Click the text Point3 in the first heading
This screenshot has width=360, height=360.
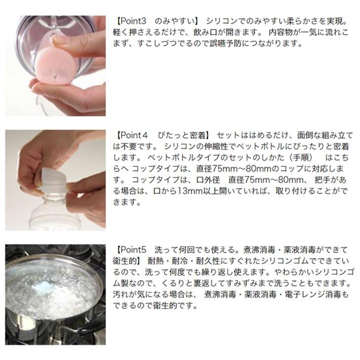click(x=133, y=21)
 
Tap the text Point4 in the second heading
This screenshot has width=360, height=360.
click(x=134, y=135)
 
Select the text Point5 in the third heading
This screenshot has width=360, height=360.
click(x=133, y=250)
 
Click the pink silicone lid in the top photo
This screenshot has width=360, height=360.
click(x=56, y=67)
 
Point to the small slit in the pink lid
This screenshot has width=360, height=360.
click(x=55, y=74)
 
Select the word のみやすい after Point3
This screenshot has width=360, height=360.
click(x=175, y=21)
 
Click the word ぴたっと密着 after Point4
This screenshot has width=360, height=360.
click(x=181, y=135)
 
